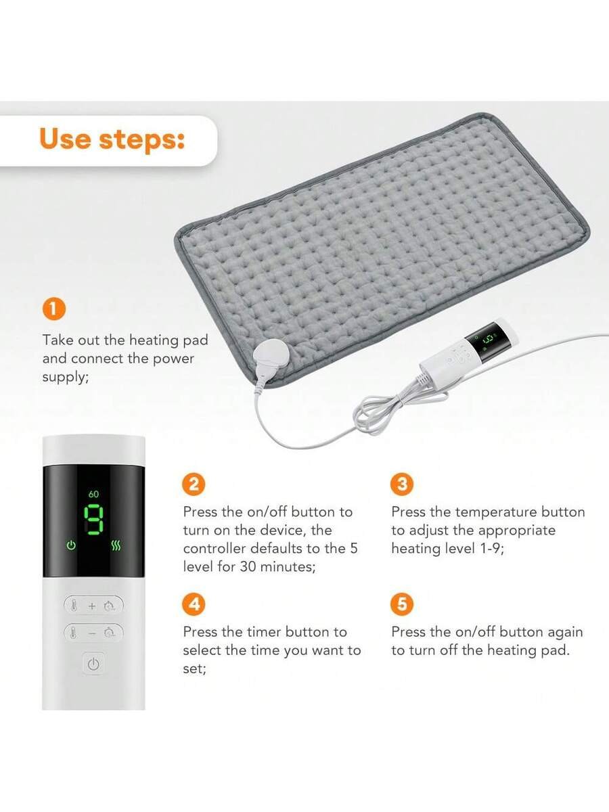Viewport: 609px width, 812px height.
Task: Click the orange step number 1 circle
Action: coord(54,309)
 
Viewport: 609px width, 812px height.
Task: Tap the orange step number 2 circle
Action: coord(194,484)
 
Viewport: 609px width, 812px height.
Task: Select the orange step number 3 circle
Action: coord(402,484)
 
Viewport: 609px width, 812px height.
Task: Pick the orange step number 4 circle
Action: coord(194,604)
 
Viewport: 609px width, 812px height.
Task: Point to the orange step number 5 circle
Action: coord(402,604)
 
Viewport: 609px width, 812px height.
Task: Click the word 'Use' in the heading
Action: coord(65,139)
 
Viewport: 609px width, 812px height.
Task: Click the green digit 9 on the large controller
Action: coord(93,520)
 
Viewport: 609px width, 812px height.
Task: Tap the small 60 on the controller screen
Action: coord(93,494)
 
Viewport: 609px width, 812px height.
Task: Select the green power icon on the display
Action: coord(71,545)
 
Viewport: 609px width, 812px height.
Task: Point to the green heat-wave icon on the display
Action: coord(116,545)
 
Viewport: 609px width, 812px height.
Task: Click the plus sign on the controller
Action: coord(92,606)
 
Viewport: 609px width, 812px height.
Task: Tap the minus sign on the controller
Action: coord(92,633)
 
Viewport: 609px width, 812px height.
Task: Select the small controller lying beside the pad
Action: coord(469,354)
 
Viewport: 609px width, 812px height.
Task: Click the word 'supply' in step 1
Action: coord(64,378)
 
